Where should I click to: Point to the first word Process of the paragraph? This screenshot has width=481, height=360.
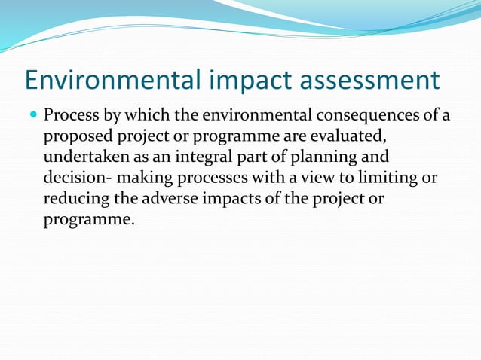pyautogui.click(x=71, y=117)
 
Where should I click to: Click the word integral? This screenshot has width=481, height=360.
pyautogui.click(x=198, y=159)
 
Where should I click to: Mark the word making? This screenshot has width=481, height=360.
pyautogui.click(x=143, y=180)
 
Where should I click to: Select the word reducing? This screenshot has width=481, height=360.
pyautogui.click(x=76, y=201)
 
